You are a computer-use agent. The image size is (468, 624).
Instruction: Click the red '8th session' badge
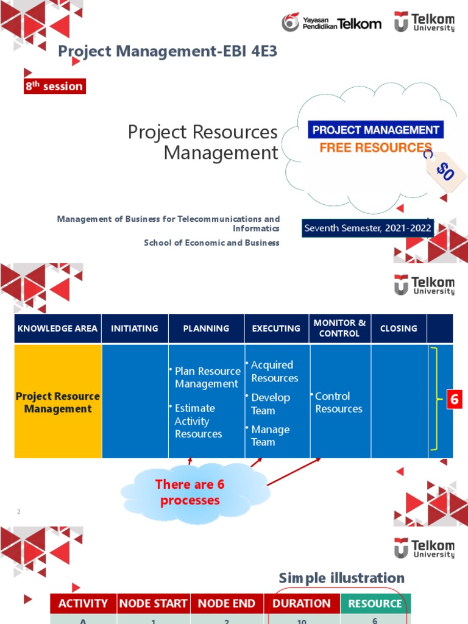click(x=54, y=87)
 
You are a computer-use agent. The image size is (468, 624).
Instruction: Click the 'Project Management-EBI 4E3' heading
click(x=168, y=52)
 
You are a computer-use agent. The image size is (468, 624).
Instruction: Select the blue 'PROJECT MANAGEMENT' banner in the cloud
click(x=375, y=130)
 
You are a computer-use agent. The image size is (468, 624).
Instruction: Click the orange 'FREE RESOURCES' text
click(x=375, y=147)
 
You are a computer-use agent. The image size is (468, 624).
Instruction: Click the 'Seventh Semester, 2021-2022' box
click(x=368, y=229)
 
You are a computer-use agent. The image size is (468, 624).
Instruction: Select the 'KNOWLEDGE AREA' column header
click(x=57, y=328)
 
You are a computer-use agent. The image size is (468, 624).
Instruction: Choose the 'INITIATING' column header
click(x=135, y=328)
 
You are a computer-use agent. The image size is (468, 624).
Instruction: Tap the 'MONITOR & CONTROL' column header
click(x=339, y=328)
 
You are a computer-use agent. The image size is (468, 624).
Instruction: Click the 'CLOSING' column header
click(x=399, y=328)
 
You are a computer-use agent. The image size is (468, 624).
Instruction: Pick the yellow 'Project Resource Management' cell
click(x=58, y=402)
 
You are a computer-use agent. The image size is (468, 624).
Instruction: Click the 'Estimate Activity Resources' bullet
click(x=199, y=421)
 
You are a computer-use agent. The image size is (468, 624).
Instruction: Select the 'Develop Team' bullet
click(x=271, y=404)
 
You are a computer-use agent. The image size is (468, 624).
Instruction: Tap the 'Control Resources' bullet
click(x=338, y=402)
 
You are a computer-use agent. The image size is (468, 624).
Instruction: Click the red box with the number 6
click(x=454, y=400)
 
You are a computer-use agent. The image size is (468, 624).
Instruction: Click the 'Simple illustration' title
click(x=341, y=578)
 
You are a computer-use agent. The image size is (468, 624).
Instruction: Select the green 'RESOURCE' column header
click(x=375, y=604)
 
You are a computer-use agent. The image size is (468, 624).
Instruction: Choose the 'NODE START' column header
click(x=153, y=604)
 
